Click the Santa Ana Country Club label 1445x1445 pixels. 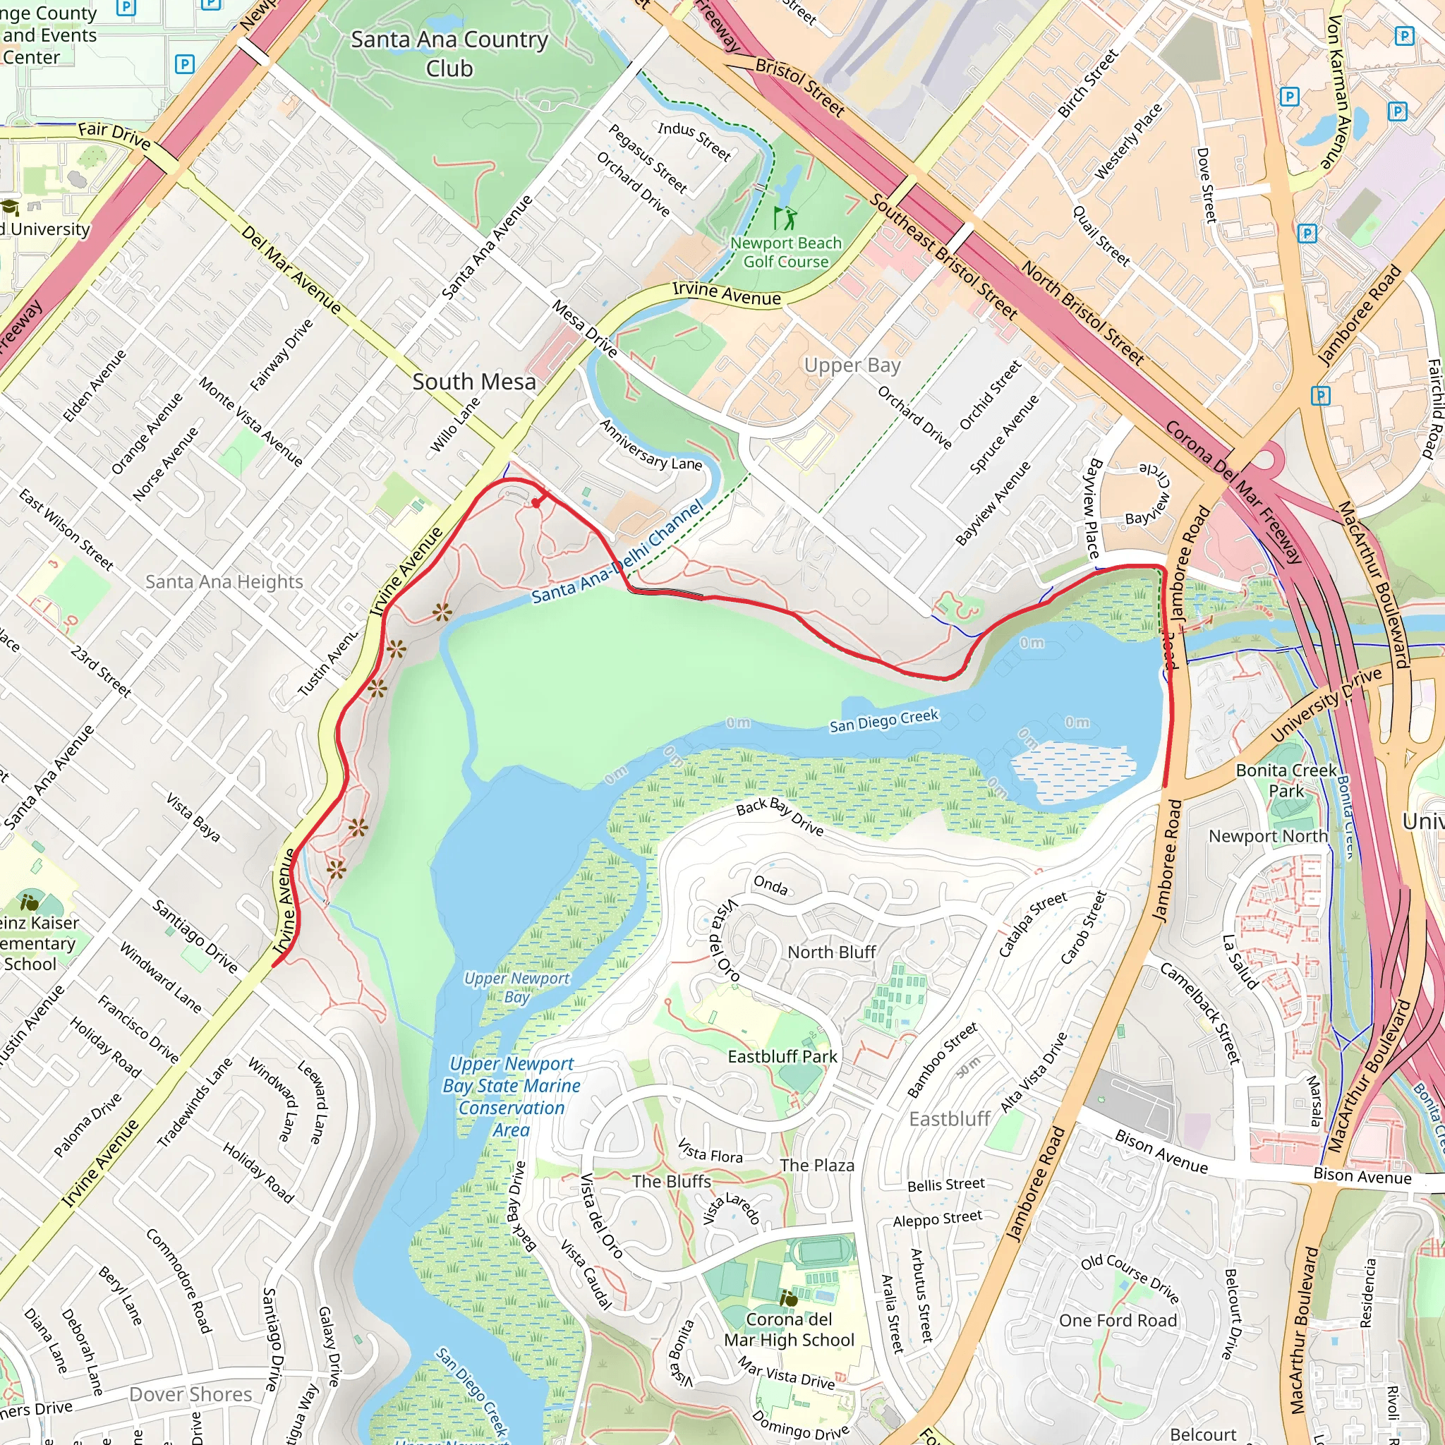[x=449, y=53]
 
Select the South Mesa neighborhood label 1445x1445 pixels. [x=474, y=382]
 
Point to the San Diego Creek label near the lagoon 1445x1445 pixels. [x=883, y=721]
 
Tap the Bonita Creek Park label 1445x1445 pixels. [x=1286, y=780]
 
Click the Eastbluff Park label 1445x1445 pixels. [x=782, y=1056]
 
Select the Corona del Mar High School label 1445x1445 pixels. [x=788, y=1329]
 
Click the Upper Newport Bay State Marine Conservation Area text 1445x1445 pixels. [x=512, y=1096]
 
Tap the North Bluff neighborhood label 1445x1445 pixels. [x=831, y=952]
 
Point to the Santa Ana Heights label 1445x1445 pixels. [x=224, y=581]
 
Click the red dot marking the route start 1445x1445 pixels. [x=536, y=503]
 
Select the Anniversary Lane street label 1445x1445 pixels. [x=650, y=445]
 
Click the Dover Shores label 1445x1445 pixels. [x=191, y=1394]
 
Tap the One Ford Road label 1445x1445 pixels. [x=1118, y=1320]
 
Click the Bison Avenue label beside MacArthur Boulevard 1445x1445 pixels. [x=1362, y=1176]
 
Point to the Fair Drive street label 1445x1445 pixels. [x=114, y=135]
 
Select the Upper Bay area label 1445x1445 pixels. [x=852, y=365]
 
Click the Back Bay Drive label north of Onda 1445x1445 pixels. [x=780, y=817]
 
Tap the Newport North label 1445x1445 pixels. [x=1268, y=835]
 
